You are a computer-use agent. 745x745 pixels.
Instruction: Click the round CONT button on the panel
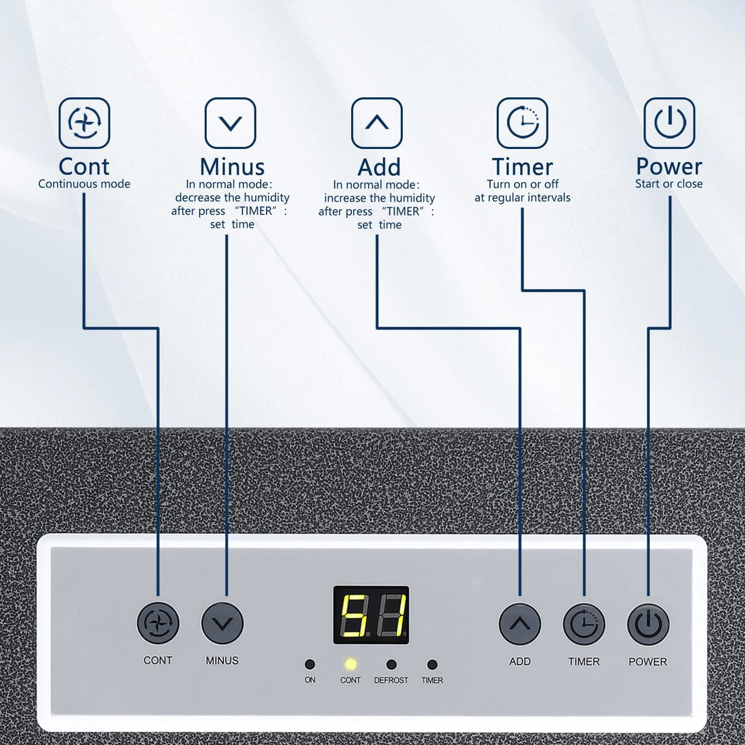pos(158,623)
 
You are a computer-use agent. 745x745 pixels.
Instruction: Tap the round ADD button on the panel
pos(519,624)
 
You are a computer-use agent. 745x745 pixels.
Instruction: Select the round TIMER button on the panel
pos(584,624)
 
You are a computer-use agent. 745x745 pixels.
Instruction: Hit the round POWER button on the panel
pos(648,624)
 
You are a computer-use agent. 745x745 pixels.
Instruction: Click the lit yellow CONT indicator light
pos(350,664)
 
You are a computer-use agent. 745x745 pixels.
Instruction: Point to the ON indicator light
pos(310,664)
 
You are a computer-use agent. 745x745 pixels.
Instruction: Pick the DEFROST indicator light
pos(391,664)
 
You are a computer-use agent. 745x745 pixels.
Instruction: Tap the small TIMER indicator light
pos(432,664)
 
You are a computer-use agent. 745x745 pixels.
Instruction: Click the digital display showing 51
pos(371,615)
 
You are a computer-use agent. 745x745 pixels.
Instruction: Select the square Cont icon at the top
pos(84,123)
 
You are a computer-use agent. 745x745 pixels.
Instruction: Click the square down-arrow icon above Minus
pos(230,123)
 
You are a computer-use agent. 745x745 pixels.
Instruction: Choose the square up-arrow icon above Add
pos(377,123)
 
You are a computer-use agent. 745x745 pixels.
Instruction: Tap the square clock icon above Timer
pos(522,123)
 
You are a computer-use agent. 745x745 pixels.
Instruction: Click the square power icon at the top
pos(669,123)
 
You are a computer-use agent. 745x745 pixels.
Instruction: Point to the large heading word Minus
pos(232,167)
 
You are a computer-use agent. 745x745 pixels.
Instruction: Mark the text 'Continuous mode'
pos(84,184)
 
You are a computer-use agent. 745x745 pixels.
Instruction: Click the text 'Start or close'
pos(669,184)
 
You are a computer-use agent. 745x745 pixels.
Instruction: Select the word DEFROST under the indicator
pos(391,680)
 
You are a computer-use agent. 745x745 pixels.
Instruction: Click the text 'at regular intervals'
pos(522,198)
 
